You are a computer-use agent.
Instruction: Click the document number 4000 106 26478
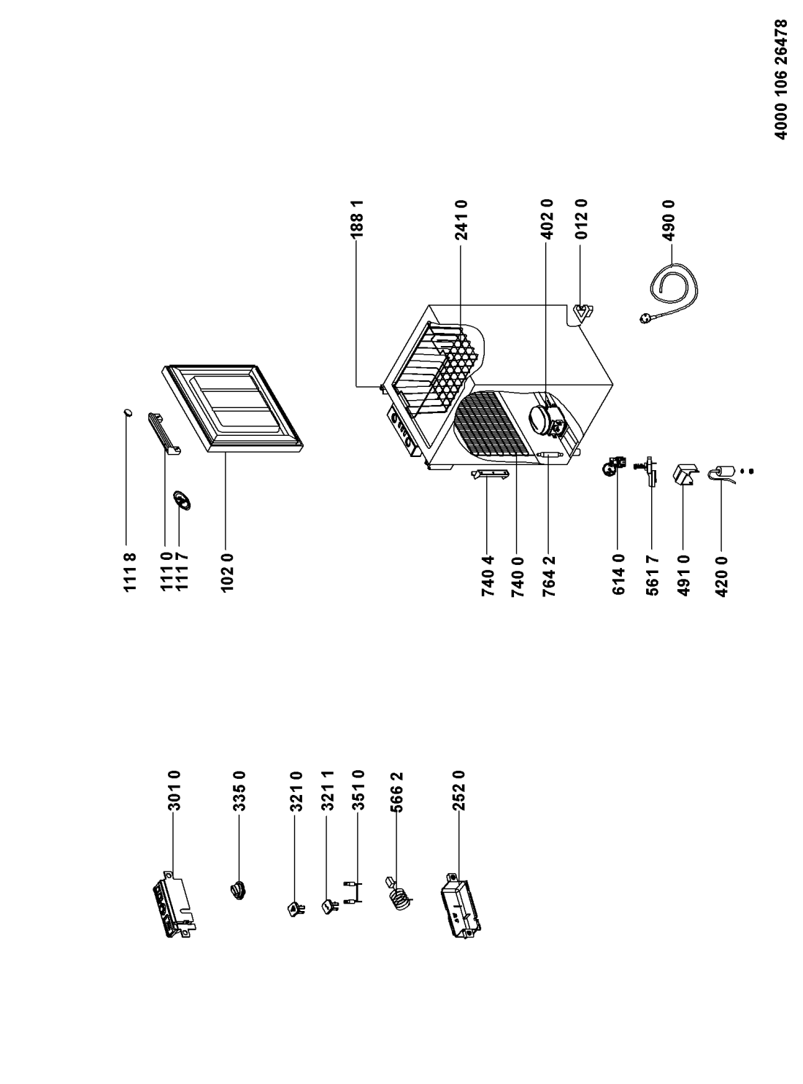coord(782,80)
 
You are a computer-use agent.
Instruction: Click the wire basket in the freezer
coord(438,365)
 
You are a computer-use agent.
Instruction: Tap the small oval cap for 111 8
coord(128,413)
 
